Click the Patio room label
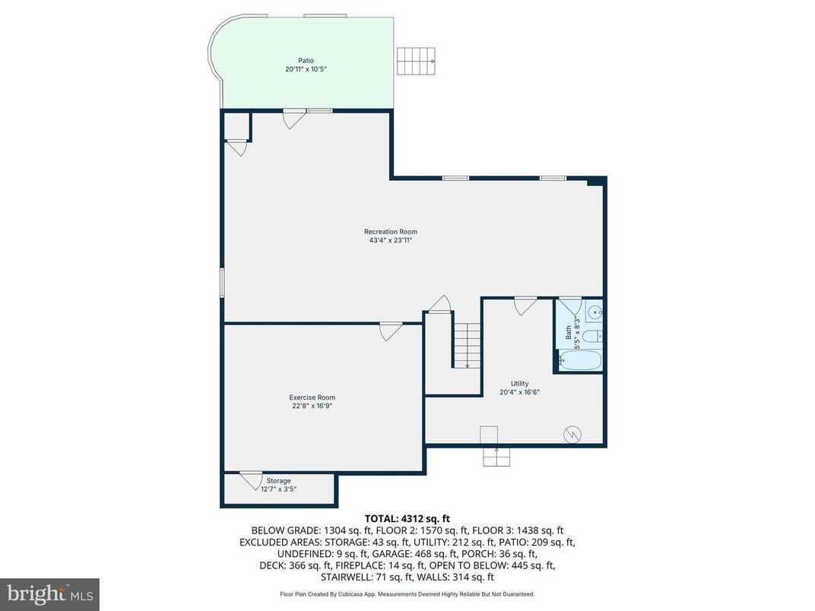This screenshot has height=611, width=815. [x=306, y=61]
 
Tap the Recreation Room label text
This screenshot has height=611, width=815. [x=390, y=232]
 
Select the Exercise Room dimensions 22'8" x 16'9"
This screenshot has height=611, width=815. [x=312, y=407]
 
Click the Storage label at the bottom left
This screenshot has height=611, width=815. [x=278, y=481]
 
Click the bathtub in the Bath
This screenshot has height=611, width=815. [x=580, y=360]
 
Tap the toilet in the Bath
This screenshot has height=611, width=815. [x=593, y=335]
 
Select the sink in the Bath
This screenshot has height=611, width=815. [x=595, y=311]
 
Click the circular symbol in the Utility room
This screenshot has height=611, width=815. [x=571, y=434]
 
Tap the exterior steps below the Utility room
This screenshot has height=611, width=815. [x=496, y=457]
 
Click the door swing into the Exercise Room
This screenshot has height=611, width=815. [x=391, y=331]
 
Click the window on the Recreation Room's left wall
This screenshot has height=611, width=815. [x=222, y=282]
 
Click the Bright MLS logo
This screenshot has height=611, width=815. [x=49, y=592]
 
